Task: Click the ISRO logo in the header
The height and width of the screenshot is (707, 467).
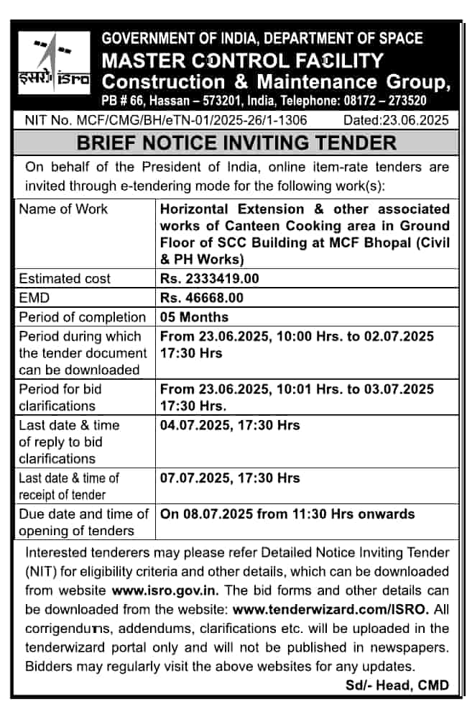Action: pos(55,63)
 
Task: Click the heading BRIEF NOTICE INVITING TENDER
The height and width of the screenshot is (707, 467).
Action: pos(236,142)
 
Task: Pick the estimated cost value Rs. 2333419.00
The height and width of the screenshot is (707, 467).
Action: pos(210,278)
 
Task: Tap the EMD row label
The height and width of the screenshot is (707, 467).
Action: pos(34,297)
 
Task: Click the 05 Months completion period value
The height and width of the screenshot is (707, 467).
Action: pos(195,316)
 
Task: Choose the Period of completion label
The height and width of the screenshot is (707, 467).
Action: pos(82,316)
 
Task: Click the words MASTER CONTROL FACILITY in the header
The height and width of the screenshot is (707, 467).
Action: pos(242,60)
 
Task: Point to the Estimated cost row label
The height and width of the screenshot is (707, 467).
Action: pos(65,278)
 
